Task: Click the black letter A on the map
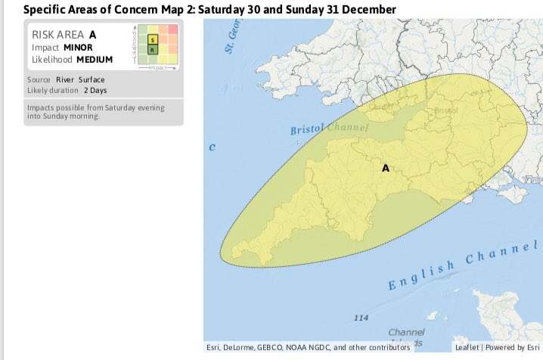[x=386, y=168]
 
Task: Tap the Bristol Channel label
[x=329, y=129]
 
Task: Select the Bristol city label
[x=447, y=110]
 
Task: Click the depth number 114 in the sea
[x=361, y=318]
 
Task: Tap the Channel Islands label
[x=407, y=337]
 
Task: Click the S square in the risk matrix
[x=153, y=39]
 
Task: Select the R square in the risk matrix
[x=153, y=50]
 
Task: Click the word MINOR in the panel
[x=79, y=47]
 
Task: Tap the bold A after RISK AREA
[x=93, y=34]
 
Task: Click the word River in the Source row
[x=65, y=79]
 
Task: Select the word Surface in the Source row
[x=92, y=79]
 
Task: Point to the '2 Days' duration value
[x=96, y=90]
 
